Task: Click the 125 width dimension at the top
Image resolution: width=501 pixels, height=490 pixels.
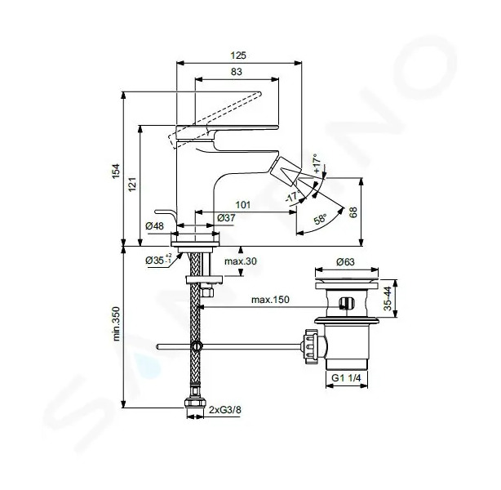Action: tap(238, 56)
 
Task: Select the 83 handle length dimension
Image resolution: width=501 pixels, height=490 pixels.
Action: tap(237, 72)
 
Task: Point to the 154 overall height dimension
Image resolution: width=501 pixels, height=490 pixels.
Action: tap(116, 171)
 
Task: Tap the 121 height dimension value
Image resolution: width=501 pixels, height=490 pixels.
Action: tap(132, 185)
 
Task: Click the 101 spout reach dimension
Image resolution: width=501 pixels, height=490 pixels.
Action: tap(243, 205)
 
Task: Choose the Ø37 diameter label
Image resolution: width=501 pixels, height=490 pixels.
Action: tap(226, 218)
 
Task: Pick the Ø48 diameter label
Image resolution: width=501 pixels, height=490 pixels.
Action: tap(154, 226)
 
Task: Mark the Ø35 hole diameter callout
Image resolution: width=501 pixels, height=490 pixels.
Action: tap(159, 260)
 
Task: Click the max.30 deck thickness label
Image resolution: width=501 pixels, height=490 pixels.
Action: tap(241, 261)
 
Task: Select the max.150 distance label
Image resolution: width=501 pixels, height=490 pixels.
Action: tap(270, 300)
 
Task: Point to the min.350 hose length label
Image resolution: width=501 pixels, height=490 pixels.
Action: tap(117, 323)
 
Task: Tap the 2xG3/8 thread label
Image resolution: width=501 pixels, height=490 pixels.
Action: tap(225, 410)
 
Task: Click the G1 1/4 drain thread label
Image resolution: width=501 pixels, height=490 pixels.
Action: tap(346, 378)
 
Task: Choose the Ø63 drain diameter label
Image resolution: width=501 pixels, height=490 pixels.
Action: tap(345, 262)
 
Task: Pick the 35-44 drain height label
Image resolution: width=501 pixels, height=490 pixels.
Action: tap(388, 298)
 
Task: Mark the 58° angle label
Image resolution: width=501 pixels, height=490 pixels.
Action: tap(320, 220)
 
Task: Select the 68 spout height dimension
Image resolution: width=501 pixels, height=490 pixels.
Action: tap(353, 212)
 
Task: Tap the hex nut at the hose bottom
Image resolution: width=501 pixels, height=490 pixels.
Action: tap(195, 403)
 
